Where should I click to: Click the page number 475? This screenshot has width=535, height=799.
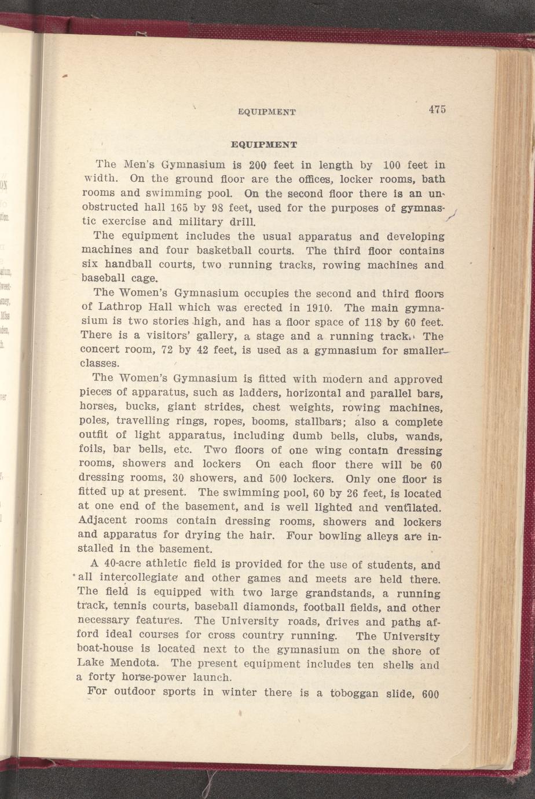(437, 109)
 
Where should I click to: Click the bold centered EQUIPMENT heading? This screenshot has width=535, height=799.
(264, 144)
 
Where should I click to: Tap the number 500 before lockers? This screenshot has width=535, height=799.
(280, 479)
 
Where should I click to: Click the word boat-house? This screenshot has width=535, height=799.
(105, 648)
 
